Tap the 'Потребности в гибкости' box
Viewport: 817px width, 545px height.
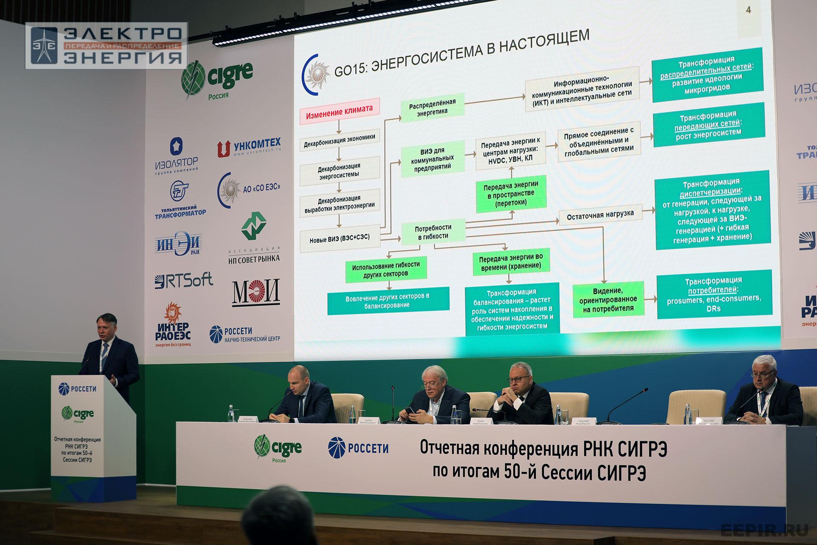[x=433, y=232]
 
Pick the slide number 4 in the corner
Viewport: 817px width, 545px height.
[x=749, y=10]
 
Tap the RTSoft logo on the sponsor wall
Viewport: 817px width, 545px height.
[x=183, y=280]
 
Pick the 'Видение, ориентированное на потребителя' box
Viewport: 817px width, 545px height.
[x=608, y=299]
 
